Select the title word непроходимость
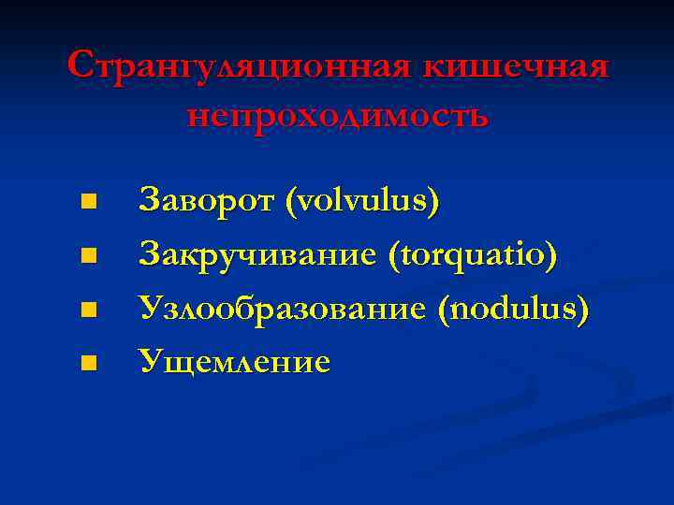(337, 115)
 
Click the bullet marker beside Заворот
(88, 201)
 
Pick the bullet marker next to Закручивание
(88, 254)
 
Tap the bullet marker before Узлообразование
(88, 308)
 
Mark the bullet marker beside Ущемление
(88, 361)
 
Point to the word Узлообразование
(281, 307)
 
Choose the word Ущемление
(234, 361)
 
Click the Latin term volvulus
(361, 200)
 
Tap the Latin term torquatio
(474, 253)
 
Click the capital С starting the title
(81, 67)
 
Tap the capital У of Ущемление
(150, 361)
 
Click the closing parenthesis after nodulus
(584, 308)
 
